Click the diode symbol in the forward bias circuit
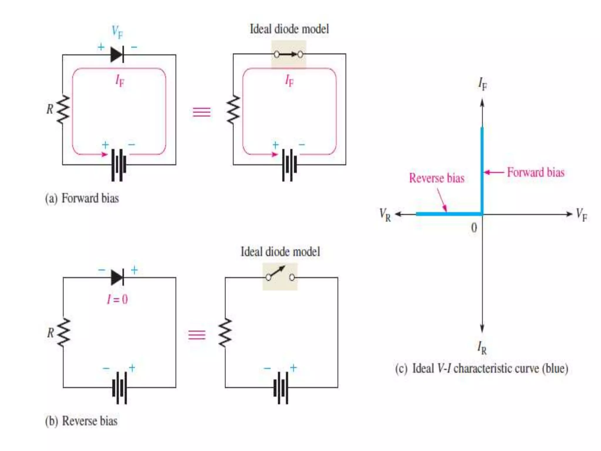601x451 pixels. point(117,55)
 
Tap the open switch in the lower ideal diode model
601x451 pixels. point(280,276)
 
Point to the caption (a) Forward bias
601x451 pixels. point(82,198)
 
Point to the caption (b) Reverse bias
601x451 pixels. point(81,421)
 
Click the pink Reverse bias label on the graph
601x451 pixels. point(437,178)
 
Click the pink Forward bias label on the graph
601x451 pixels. point(536,172)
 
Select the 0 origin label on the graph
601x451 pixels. point(474,228)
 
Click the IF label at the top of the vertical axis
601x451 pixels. point(482,84)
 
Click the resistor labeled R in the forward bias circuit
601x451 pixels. point(63,110)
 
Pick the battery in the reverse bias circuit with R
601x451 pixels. point(119,388)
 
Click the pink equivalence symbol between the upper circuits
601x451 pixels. point(202,112)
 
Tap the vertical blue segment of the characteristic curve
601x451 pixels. point(482,170)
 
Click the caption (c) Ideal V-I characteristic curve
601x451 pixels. point(481,368)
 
